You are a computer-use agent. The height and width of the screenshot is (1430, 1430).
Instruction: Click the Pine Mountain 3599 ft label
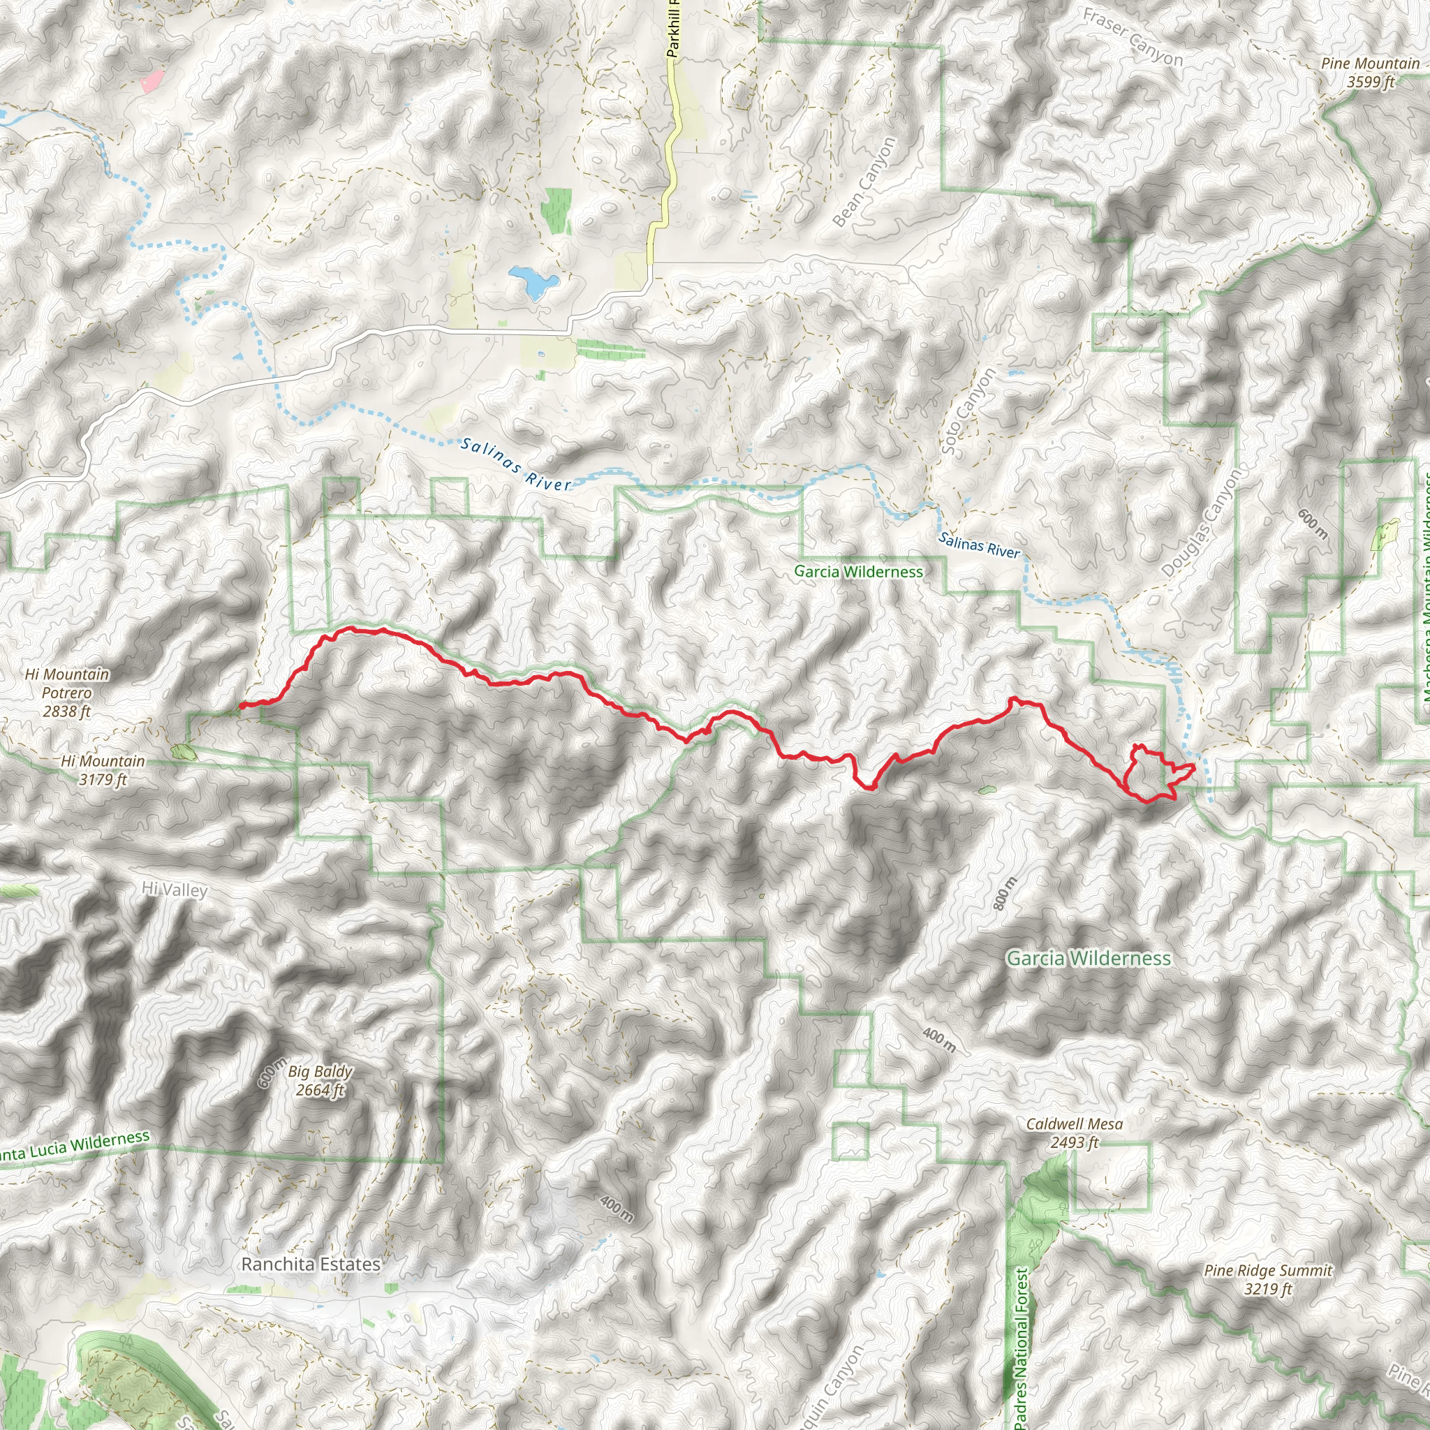[1370, 73]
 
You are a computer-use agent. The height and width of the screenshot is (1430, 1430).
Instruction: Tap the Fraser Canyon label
[1133, 36]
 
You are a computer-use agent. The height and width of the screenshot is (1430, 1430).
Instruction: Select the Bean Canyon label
[864, 182]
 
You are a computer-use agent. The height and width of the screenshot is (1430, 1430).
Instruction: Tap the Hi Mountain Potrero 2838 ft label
[66, 693]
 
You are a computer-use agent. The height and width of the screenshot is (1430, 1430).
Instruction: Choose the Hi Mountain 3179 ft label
[103, 769]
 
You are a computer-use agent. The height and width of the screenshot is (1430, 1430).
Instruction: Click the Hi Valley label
[175, 890]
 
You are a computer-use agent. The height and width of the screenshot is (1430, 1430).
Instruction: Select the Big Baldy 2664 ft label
[320, 1081]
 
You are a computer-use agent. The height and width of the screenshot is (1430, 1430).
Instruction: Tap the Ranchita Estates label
[311, 1265]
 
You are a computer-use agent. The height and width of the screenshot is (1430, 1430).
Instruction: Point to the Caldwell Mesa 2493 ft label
[1074, 1133]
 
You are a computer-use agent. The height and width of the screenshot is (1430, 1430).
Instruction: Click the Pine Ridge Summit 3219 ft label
[1268, 1280]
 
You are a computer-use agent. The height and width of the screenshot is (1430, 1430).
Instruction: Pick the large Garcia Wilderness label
[1089, 959]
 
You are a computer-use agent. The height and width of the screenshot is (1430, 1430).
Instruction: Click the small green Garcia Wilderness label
[859, 571]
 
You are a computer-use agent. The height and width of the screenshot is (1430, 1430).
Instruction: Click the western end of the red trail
[242, 705]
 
